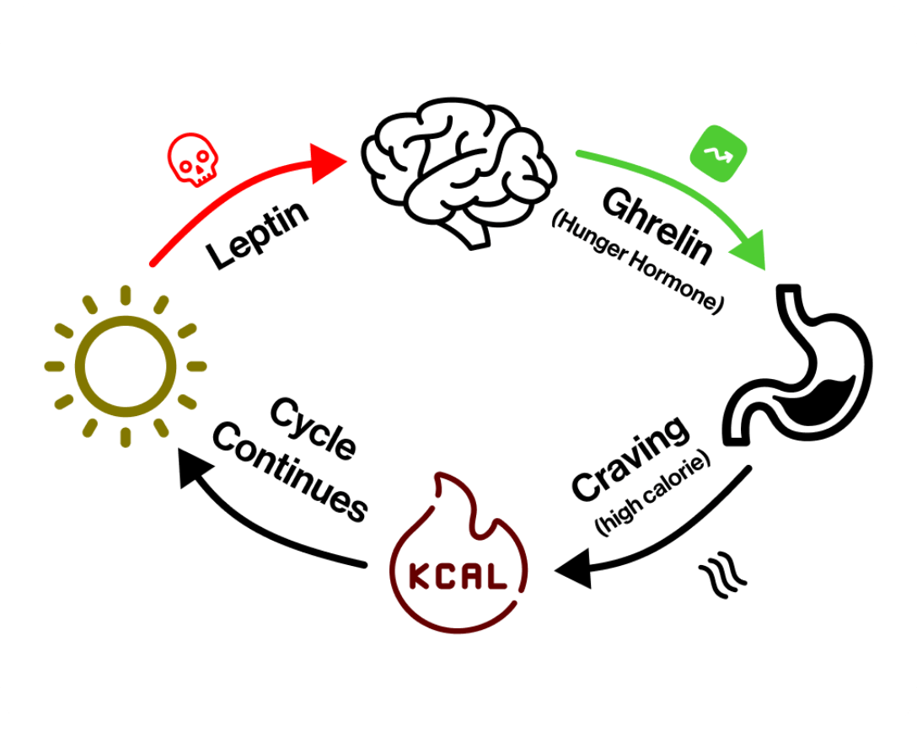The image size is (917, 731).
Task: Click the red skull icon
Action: pyautogui.click(x=192, y=158)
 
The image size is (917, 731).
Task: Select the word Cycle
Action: pyautogui.click(x=314, y=429)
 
